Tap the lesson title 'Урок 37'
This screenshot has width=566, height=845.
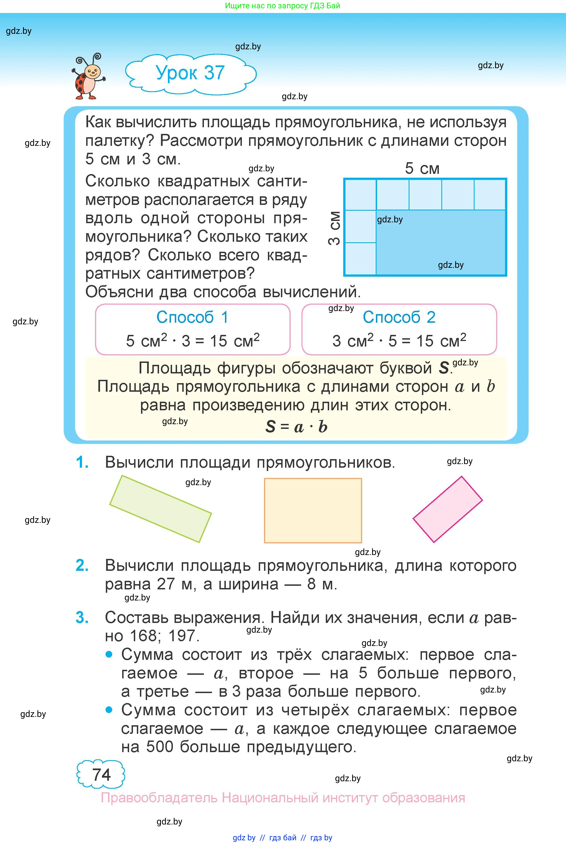click(x=190, y=73)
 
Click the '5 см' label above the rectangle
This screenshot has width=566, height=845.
click(x=422, y=168)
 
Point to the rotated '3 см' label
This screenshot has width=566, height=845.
click(x=335, y=228)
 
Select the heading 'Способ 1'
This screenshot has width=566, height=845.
click(x=192, y=317)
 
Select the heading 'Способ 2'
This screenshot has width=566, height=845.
click(x=399, y=317)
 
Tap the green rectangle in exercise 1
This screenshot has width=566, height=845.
click(x=160, y=509)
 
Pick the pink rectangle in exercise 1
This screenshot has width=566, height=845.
click(x=448, y=509)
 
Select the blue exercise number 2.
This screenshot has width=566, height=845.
click(x=82, y=566)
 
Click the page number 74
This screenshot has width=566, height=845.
click(x=101, y=775)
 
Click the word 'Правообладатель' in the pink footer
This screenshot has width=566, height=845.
click(x=159, y=798)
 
